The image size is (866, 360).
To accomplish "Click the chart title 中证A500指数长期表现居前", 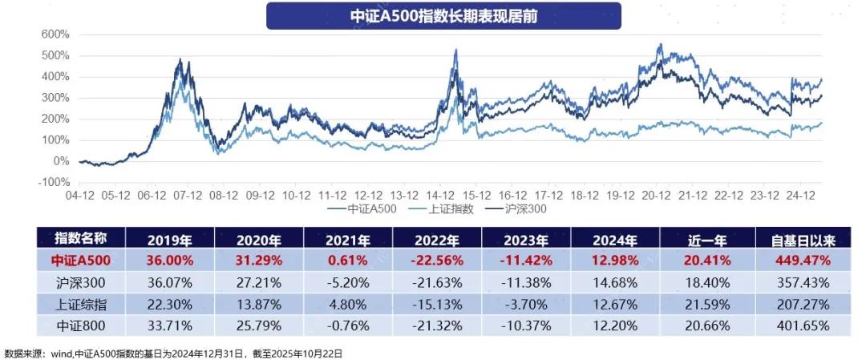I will tap(443, 15).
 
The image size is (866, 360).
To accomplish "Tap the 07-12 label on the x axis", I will tap(188, 195).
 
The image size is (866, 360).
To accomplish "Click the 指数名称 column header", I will tap(79, 238).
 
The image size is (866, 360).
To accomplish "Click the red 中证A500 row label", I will tap(79, 261).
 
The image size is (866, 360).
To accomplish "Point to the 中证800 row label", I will tap(79, 326).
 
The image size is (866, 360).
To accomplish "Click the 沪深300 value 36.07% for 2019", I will tap(169, 283).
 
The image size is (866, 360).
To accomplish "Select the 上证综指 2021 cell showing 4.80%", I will tap(348, 305).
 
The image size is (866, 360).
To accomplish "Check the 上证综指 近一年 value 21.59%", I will tap(706, 305).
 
